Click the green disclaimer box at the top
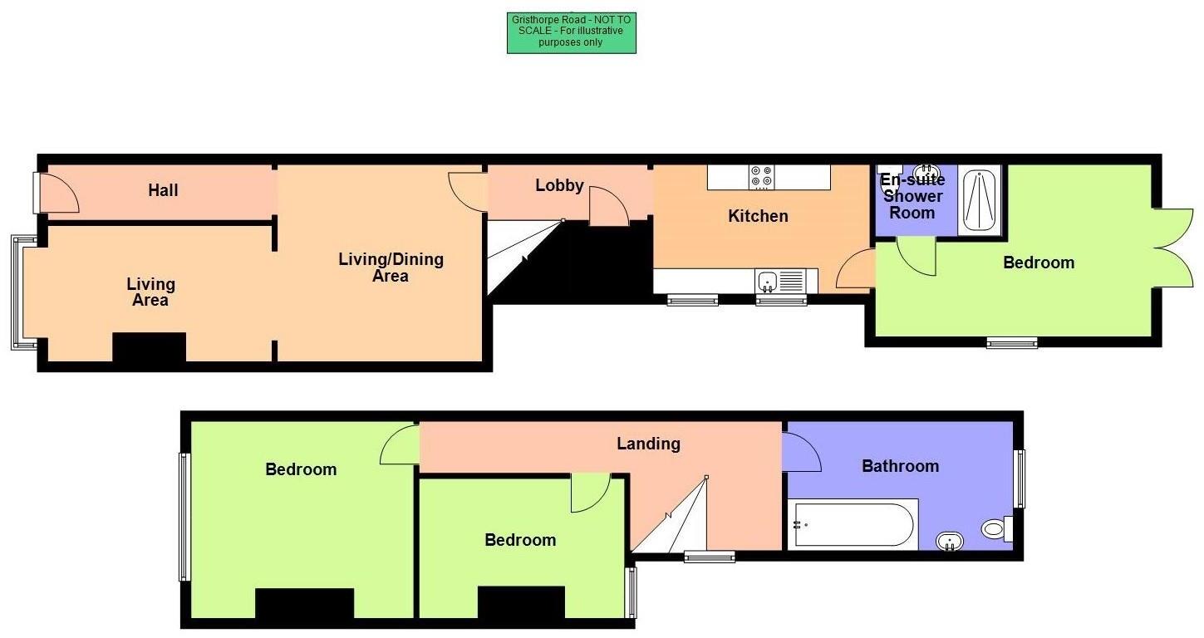pos(571,33)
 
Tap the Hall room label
pos(163,190)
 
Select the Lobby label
pos(559,186)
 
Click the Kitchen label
pos(758,216)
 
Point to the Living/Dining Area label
pos(391,267)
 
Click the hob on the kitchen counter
pos(761,177)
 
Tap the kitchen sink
pos(767,281)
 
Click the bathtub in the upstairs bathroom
pos(854,525)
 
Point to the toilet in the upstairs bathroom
pos(995,528)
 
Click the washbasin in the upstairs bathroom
pos(950,542)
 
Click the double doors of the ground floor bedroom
pos(1172,247)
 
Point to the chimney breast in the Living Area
pos(149,347)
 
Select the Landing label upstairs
pos(648,444)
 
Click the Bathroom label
pos(900,466)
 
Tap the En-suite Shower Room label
pos(912,196)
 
